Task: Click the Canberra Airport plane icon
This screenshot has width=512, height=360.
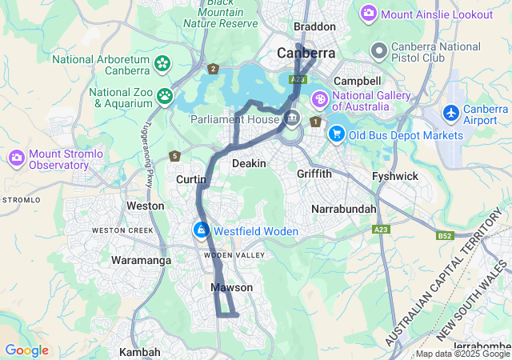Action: (452, 113)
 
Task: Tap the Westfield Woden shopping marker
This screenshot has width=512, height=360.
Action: (201, 230)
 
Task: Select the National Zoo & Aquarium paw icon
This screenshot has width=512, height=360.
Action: (165, 97)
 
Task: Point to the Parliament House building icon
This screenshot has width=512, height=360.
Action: (292, 119)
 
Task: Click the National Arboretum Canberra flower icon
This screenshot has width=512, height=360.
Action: (162, 62)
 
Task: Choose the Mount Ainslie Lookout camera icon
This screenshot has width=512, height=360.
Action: (369, 14)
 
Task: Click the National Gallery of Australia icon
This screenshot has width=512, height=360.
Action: (319, 100)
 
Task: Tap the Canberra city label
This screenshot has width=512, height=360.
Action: (306, 54)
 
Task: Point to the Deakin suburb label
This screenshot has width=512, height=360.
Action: (248, 163)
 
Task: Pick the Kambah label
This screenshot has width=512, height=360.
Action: (140, 352)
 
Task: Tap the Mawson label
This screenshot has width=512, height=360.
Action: (232, 287)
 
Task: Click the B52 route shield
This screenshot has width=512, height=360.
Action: (445, 236)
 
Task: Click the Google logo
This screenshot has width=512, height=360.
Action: (26, 350)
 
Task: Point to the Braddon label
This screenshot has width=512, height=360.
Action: (314, 26)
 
